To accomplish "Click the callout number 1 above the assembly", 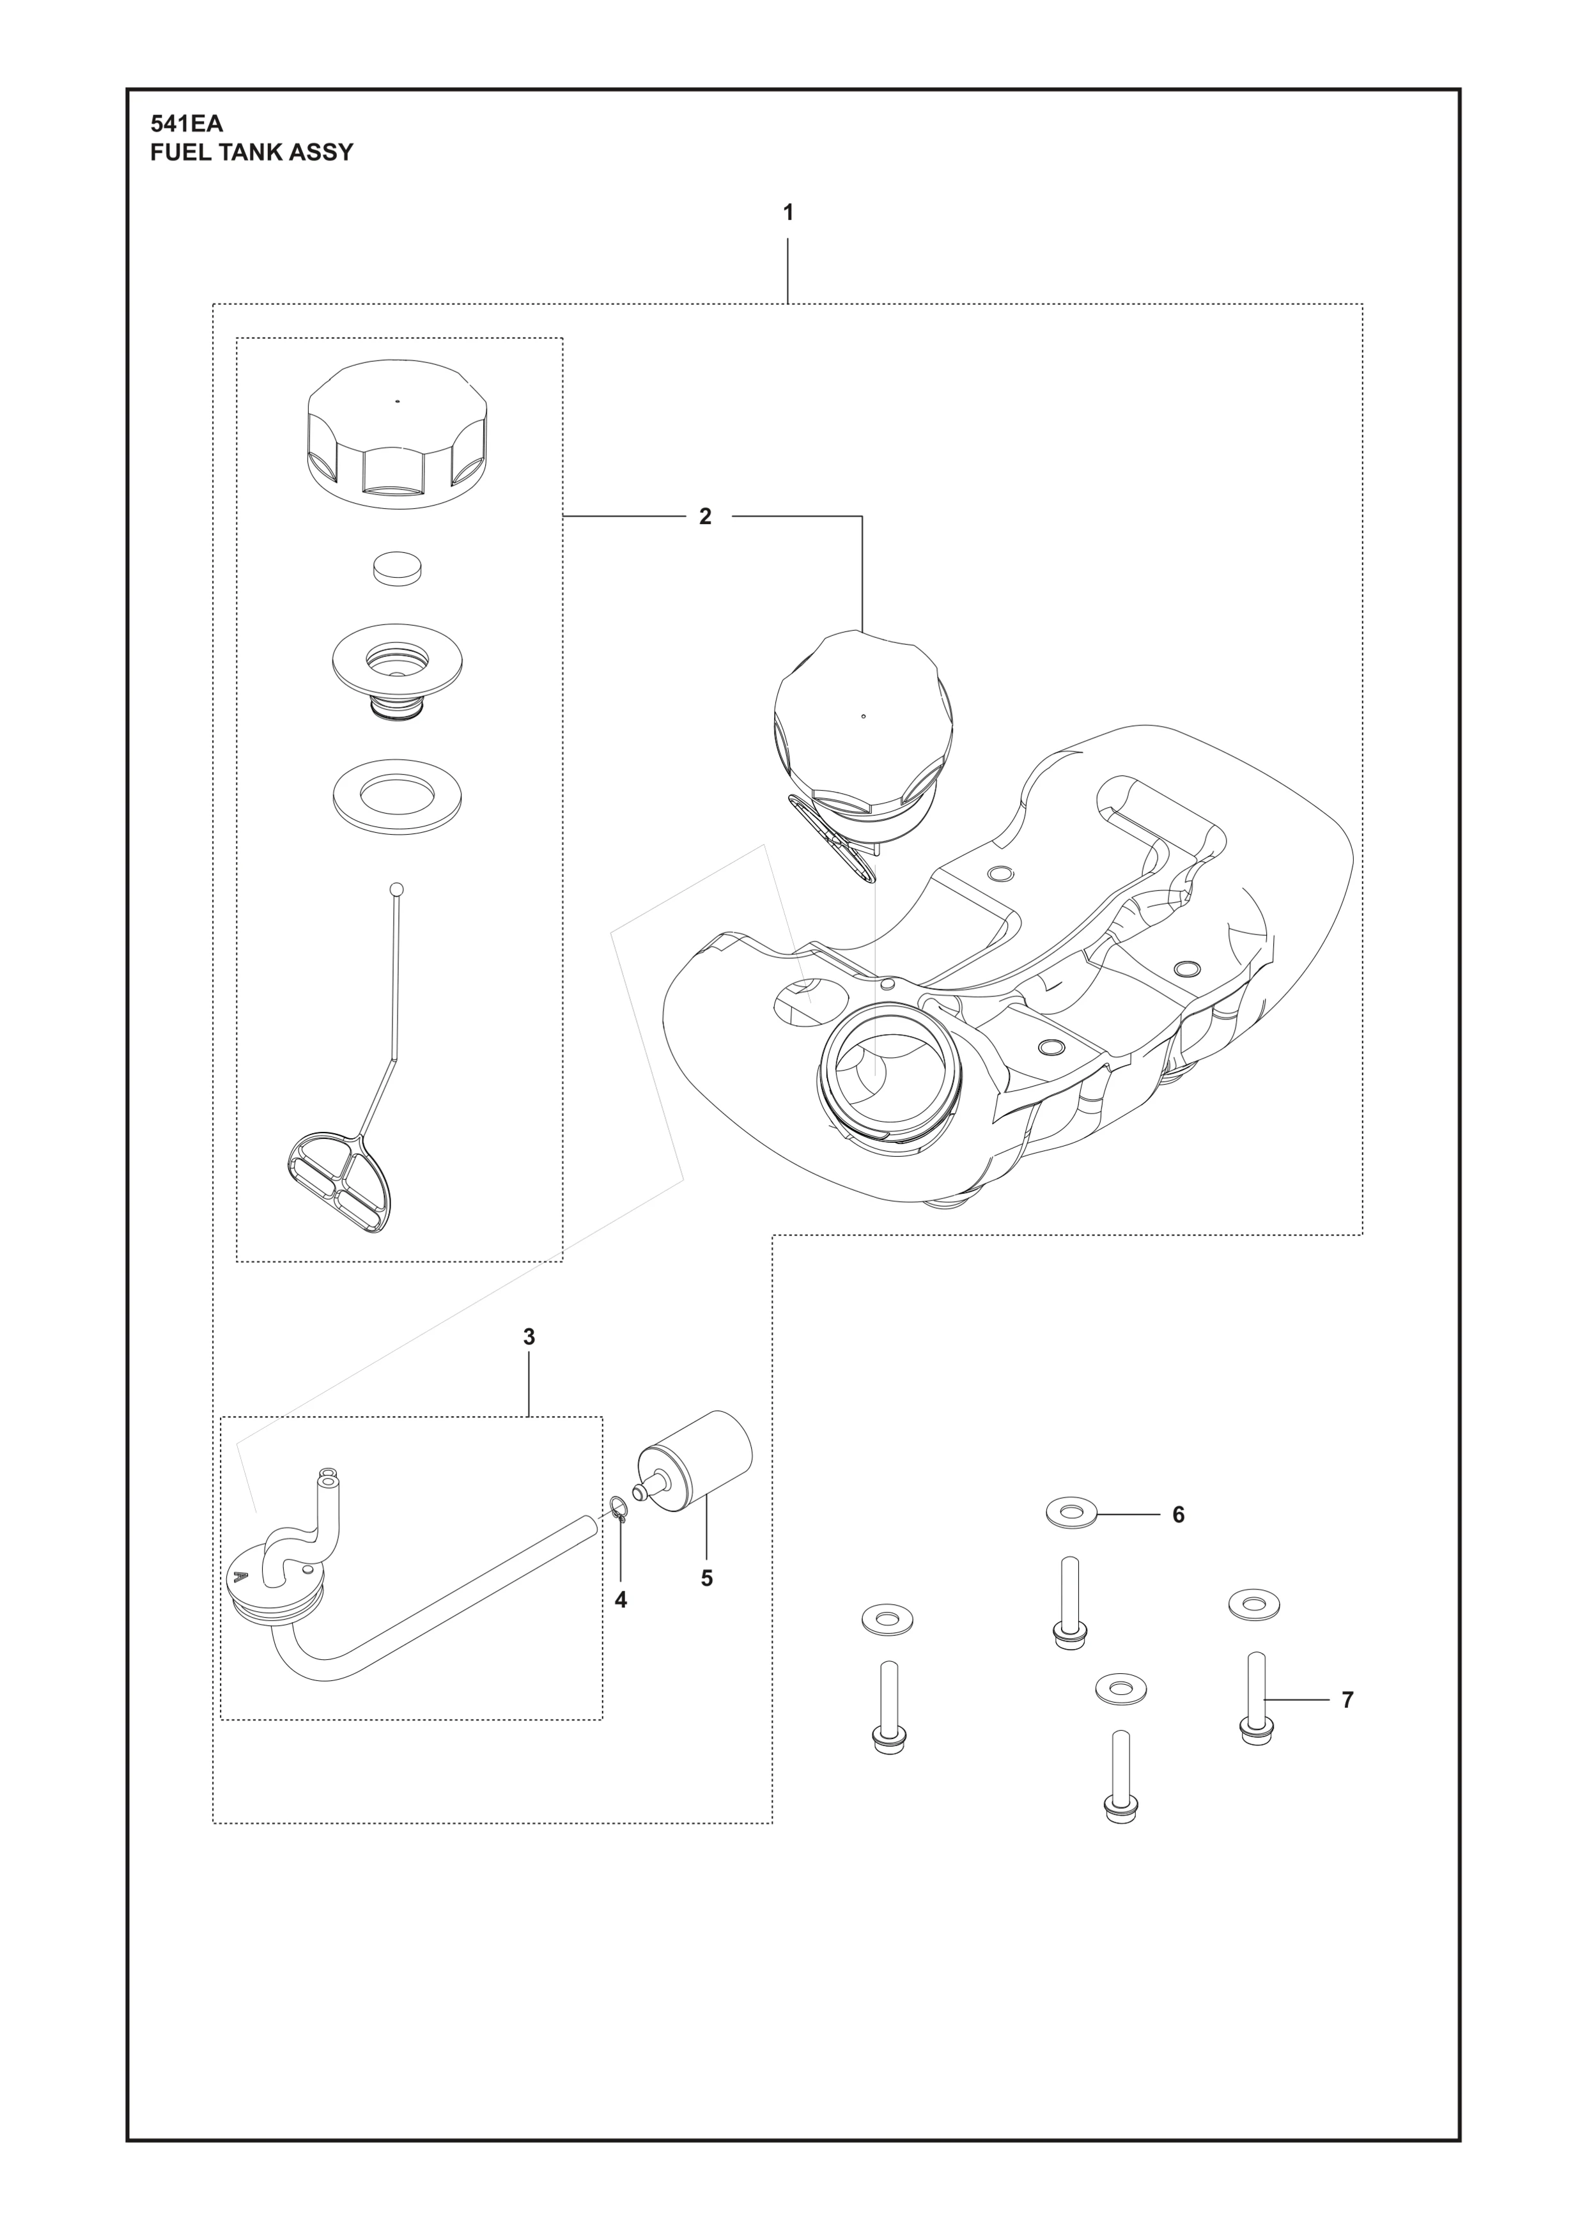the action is (788, 212).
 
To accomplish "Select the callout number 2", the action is (705, 516).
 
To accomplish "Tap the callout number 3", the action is (529, 1338).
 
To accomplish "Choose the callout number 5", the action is (707, 1579).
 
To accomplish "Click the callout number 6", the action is (1178, 1515).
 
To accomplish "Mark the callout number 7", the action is (1347, 1700).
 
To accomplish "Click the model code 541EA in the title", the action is (187, 125).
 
